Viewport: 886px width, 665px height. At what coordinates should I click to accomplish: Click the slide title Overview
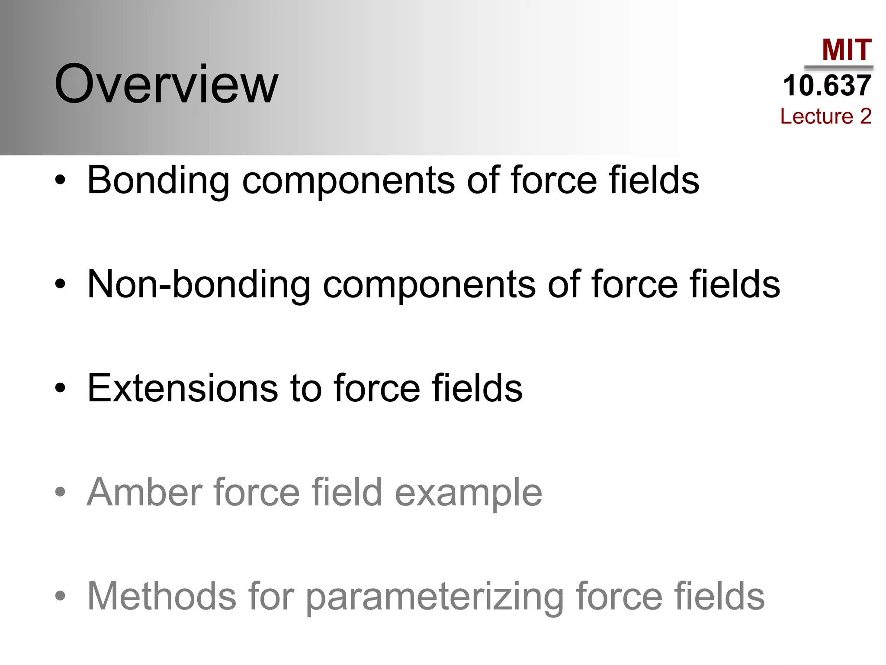click(166, 84)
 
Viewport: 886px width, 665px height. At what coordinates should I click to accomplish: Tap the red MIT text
click(847, 50)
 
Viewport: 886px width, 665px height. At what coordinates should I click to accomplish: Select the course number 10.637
click(827, 85)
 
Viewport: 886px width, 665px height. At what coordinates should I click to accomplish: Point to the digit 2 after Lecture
click(865, 116)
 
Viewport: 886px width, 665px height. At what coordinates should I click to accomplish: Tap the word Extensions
click(182, 388)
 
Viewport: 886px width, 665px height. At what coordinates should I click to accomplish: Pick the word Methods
click(161, 596)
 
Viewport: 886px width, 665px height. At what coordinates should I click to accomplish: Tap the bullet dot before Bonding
click(61, 180)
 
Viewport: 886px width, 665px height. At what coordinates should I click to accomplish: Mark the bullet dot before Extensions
click(61, 388)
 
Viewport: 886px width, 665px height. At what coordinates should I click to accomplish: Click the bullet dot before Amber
click(61, 492)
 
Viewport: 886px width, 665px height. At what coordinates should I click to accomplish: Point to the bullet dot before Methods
click(61, 596)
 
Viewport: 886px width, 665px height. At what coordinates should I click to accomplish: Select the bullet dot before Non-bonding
click(61, 284)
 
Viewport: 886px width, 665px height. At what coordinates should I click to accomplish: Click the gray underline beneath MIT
click(838, 68)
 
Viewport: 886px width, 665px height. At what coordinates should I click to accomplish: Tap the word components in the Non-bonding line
click(429, 286)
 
